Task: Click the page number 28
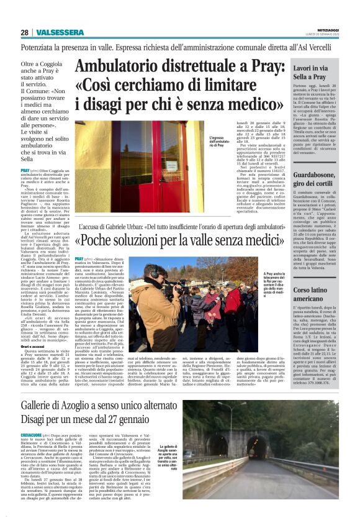24,32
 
